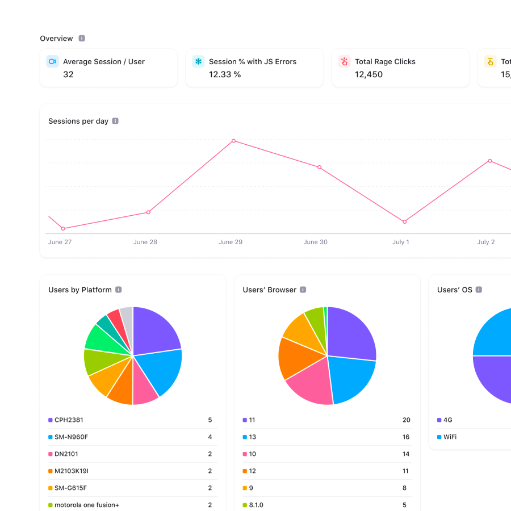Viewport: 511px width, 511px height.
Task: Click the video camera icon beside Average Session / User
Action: point(52,61)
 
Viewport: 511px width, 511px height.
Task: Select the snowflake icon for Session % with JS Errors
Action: point(198,61)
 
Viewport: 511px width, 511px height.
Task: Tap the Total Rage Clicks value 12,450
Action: point(368,74)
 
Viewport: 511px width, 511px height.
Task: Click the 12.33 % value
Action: point(224,74)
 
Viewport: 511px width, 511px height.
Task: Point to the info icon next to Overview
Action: point(82,39)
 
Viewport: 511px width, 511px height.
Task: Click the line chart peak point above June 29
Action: point(233,141)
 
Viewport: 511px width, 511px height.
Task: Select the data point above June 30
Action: point(319,167)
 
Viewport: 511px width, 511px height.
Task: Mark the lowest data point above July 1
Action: point(405,221)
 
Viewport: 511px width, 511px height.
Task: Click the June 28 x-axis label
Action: point(145,242)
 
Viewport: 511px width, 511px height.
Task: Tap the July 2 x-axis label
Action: point(485,242)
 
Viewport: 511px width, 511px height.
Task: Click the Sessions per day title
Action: point(78,121)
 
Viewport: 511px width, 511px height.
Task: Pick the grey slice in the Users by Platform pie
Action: point(127,318)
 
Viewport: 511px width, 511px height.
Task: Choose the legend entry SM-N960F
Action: point(71,437)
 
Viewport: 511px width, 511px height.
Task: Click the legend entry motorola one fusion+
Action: point(86,505)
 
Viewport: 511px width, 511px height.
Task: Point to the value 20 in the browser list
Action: point(406,420)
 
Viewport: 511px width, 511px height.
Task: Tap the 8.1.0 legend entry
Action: point(256,505)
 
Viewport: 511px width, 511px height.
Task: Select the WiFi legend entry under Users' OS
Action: point(450,437)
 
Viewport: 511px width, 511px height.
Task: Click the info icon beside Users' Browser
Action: point(303,290)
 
